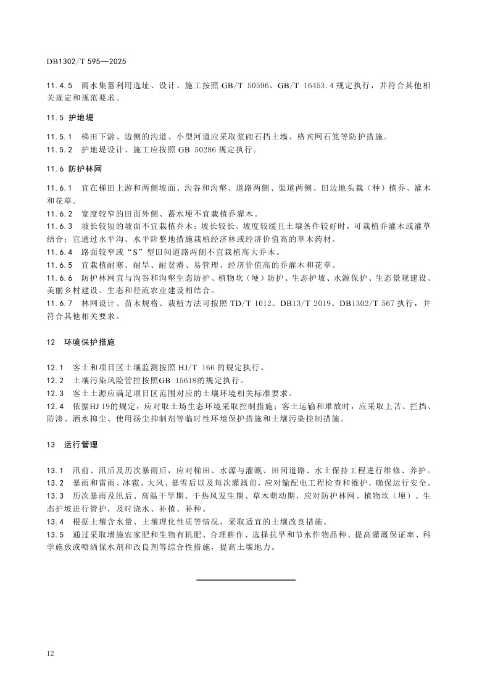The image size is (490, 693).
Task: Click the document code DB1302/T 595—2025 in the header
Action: tap(86, 62)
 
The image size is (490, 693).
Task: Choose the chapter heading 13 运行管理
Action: tap(72, 444)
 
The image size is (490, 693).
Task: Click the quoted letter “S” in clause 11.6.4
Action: tap(114, 252)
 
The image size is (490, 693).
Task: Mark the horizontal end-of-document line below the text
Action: tap(246, 579)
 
